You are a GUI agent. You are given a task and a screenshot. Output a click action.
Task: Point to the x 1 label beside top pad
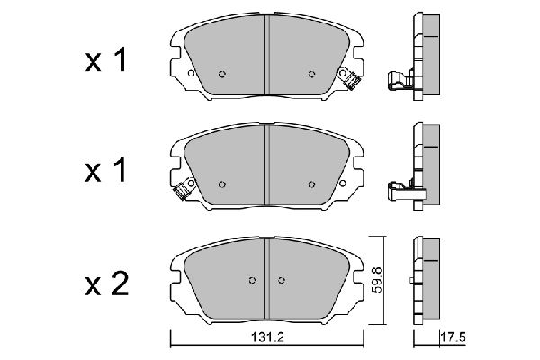point(107,62)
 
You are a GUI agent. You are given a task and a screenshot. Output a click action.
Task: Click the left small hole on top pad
point(222,75)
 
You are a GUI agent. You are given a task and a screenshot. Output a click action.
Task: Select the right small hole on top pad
point(311,75)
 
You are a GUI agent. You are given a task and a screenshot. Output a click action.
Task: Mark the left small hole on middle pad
point(222,184)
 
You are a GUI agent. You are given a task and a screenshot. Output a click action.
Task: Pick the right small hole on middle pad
point(311,184)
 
